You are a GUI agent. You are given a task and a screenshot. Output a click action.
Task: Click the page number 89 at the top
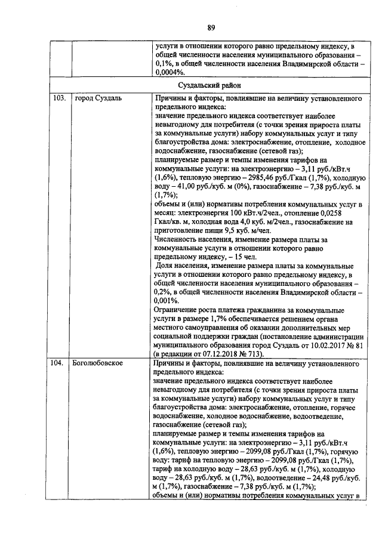(x=211, y=27)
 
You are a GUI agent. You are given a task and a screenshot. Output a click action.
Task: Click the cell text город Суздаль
(x=97, y=98)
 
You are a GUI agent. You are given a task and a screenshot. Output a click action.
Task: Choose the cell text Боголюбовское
(x=98, y=363)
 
